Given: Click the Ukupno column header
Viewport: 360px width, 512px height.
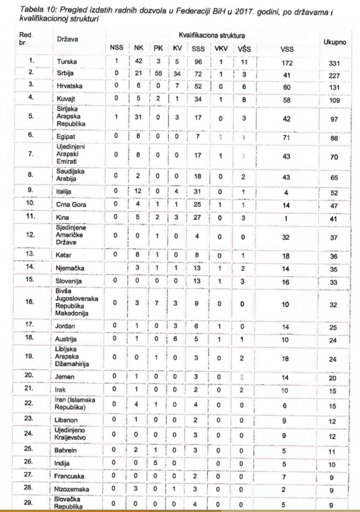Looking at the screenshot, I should point(334,42).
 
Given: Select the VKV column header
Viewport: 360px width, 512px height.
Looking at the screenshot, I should point(221,48).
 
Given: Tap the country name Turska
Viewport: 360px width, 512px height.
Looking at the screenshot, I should point(67,62).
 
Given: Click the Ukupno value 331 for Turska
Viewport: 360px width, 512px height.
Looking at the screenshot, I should point(334,63).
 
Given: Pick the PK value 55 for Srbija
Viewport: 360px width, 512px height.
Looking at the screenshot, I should point(158,73).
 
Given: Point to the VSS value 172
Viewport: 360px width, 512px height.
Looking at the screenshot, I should point(287,63).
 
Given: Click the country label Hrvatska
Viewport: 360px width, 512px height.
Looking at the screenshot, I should point(69,86).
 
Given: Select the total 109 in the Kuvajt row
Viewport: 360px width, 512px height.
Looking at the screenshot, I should point(334,100).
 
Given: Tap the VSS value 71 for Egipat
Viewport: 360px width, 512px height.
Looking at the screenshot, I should point(287,138).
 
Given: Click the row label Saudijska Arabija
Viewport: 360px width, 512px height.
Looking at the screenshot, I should point(70,175).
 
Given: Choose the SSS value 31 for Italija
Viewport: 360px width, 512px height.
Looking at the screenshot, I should point(197,192).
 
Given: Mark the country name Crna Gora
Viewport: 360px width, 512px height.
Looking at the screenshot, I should point(71,205).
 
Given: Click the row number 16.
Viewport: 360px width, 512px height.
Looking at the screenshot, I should point(30,301).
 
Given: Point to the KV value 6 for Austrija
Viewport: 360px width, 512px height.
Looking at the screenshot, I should point(175,339).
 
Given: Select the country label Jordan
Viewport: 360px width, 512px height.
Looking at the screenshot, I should point(65,326).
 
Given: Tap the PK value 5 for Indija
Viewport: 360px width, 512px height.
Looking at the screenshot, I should point(155,463).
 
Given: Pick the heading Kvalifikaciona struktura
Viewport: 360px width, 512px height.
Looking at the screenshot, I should point(212,36).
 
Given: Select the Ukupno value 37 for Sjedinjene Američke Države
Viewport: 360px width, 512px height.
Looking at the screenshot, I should point(334,238).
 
